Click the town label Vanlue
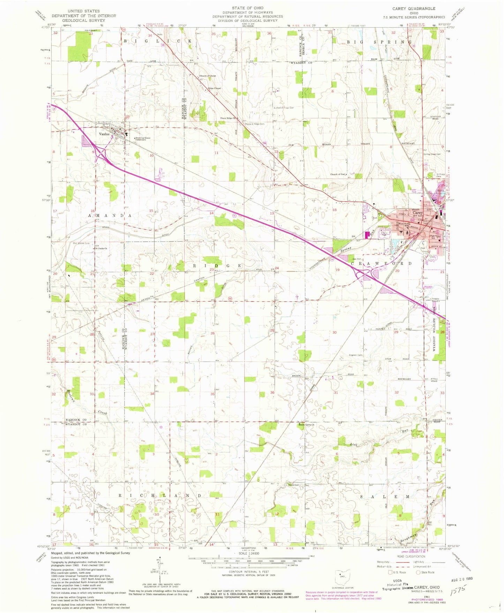click(104, 134)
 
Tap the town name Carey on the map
click(418, 212)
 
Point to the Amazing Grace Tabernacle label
click(143, 139)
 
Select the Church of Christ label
click(208, 76)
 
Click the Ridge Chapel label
click(215, 88)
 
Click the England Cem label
click(355, 355)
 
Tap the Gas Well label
click(356, 259)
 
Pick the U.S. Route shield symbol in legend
click(390, 572)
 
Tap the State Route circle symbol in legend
click(418, 572)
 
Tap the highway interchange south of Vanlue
click(102, 154)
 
